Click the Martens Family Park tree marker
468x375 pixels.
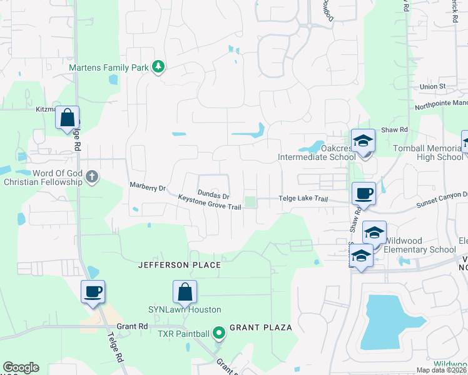(159, 66)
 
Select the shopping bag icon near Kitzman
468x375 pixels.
(67, 117)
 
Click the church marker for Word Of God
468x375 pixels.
(92, 176)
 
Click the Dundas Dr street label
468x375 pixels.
(213, 194)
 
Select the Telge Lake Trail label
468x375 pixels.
(302, 199)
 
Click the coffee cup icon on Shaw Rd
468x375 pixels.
(364, 193)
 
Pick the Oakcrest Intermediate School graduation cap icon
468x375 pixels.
(362, 141)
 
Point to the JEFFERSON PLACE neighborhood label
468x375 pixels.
(180, 265)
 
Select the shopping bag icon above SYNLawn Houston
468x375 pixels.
(185, 291)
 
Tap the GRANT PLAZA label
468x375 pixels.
(261, 327)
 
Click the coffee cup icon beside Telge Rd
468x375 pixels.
(93, 291)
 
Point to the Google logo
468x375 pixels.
(21, 367)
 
